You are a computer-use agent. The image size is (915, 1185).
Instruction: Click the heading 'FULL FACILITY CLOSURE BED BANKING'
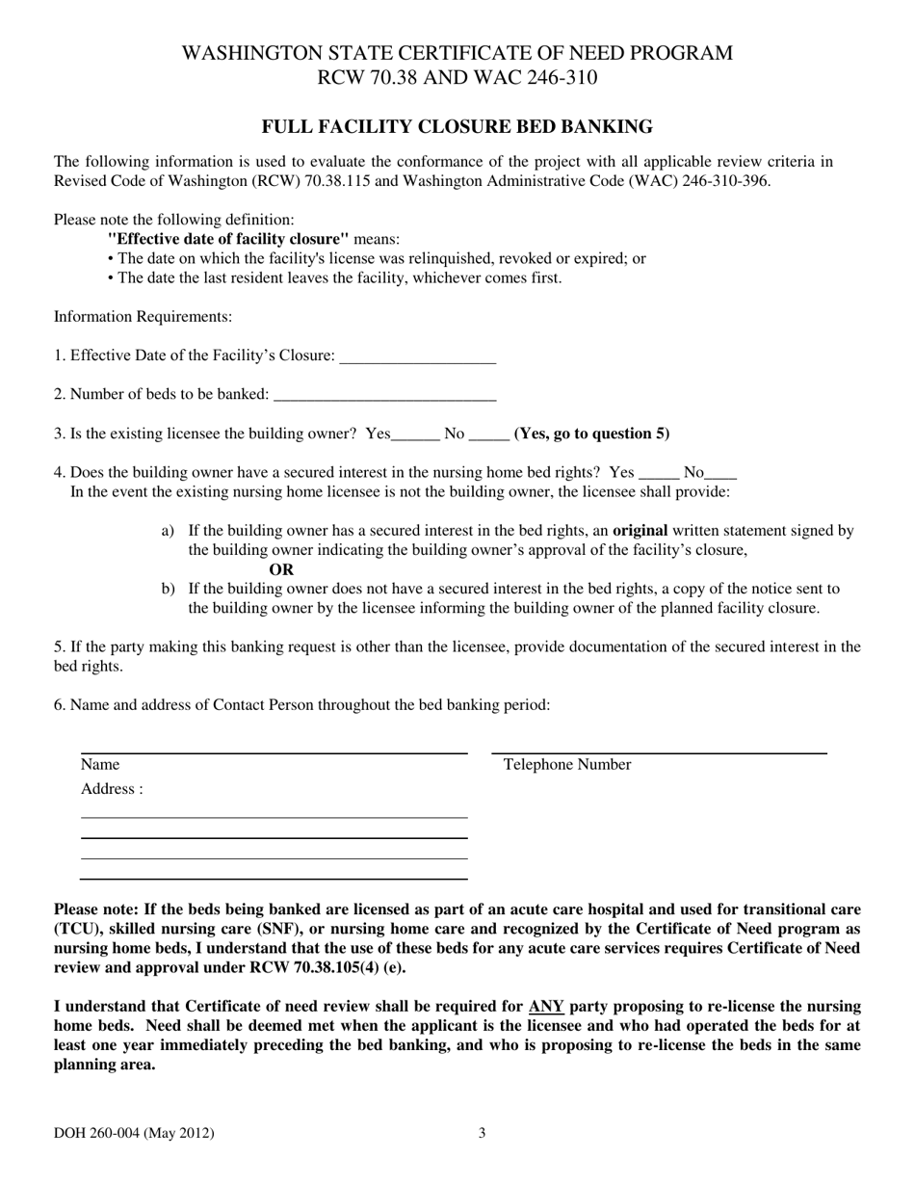457,126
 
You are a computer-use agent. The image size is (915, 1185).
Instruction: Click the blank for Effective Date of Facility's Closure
418,357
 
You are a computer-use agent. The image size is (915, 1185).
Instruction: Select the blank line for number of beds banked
384,394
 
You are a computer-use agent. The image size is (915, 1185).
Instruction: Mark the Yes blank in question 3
415,434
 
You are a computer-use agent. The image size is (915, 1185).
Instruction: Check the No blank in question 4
722,473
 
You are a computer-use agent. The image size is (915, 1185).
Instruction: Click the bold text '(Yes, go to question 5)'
591,434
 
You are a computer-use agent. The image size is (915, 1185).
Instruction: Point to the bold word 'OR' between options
281,569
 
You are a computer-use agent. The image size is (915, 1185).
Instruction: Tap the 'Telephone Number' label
567,765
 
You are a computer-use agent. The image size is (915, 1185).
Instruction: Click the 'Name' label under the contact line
100,765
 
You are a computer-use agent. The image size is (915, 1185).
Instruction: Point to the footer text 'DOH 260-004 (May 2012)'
134,1134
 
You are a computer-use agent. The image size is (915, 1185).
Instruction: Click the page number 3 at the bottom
482,1134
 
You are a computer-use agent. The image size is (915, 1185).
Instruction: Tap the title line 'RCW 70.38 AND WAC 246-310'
457,78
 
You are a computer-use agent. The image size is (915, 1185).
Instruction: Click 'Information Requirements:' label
143,317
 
